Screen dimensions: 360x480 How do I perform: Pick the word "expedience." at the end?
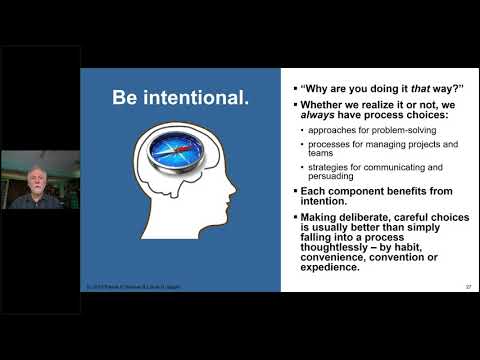(325, 266)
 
